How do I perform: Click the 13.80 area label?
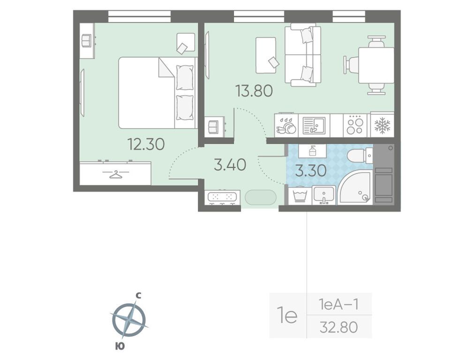[254, 91]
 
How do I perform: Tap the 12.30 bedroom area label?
[146, 144]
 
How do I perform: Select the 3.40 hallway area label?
[230, 165]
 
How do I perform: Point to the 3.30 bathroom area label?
[311, 171]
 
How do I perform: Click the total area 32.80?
[339, 327]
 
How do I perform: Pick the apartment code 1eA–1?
[339, 304]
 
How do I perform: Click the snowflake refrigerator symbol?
[383, 125]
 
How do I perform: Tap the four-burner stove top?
[355, 125]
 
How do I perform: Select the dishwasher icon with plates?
[286, 126]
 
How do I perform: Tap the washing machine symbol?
[300, 195]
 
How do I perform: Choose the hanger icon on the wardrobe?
[115, 174]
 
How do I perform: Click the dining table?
[376, 65]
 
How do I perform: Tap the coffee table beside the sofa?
[266, 55]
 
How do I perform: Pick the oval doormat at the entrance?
[261, 198]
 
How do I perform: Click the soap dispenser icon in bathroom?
[313, 150]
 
